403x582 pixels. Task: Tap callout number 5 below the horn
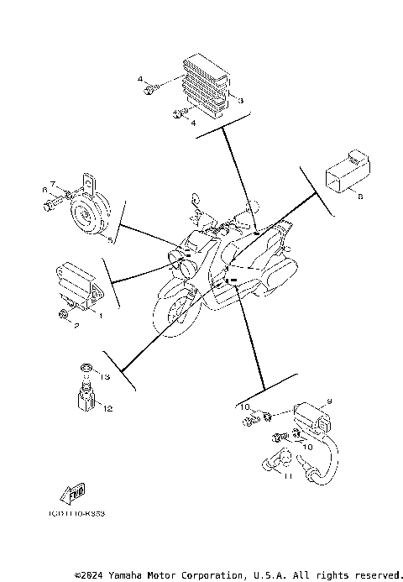pos(109,239)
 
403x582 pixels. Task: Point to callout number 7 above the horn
pos(52,184)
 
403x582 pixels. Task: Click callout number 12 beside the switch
pos(108,408)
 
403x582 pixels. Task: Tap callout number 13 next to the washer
pos(106,376)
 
